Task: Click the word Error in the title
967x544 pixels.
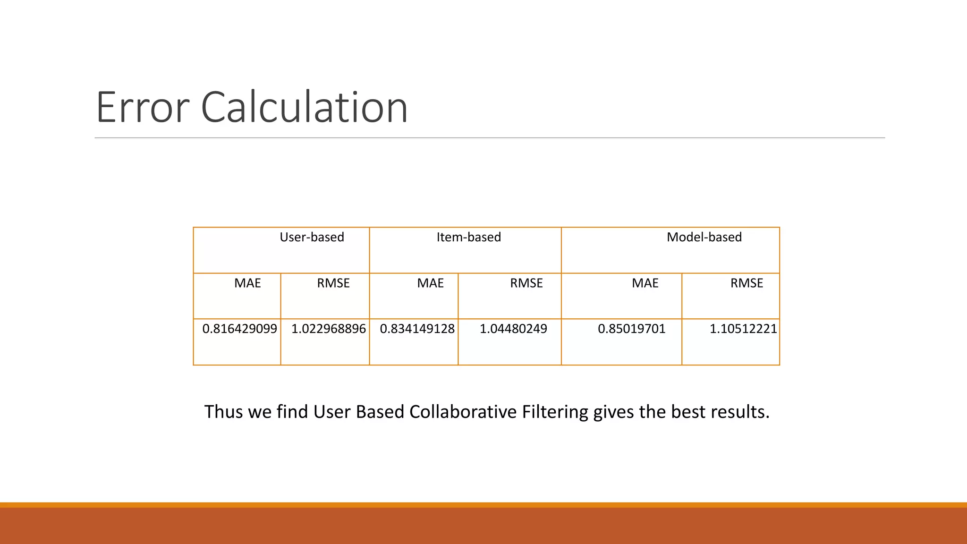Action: [143, 108]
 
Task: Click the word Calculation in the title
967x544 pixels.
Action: [304, 108]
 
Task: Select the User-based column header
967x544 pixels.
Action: [312, 237]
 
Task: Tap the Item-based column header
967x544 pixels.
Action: [468, 237]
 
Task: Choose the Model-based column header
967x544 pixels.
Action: [704, 237]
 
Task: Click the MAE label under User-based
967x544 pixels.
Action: [247, 283]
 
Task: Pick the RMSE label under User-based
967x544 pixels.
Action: [333, 283]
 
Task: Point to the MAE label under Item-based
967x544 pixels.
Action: [430, 283]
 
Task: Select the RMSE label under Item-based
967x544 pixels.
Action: [526, 283]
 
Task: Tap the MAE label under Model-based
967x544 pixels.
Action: [645, 283]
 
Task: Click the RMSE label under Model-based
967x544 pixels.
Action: [746, 283]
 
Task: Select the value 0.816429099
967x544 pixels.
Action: [239, 329]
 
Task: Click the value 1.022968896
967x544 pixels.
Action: [328, 329]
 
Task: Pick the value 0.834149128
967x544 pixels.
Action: [417, 329]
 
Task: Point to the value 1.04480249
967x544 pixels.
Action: [513, 329]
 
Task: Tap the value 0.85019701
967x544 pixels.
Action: [631, 329]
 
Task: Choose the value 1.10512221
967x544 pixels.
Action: [743, 329]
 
